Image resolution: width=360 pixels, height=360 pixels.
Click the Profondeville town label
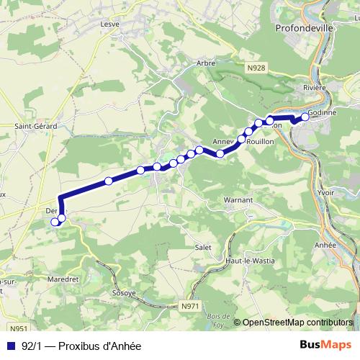310,29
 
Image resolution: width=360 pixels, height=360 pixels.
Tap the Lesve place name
110,23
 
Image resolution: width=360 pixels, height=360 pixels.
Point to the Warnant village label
238,199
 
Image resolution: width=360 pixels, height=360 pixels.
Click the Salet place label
202,247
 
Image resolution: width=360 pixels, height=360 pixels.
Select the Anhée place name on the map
325,245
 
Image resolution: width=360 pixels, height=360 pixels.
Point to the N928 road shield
255,68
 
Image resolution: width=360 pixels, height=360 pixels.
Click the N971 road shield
189,306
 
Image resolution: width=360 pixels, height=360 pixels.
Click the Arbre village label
206,63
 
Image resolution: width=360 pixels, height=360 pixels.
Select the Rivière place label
314,87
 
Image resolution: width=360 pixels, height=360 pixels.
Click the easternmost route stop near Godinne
305,116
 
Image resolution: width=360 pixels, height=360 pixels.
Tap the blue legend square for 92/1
10,346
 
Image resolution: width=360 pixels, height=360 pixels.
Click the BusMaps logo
325,345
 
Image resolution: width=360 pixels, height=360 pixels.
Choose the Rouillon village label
260,142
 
